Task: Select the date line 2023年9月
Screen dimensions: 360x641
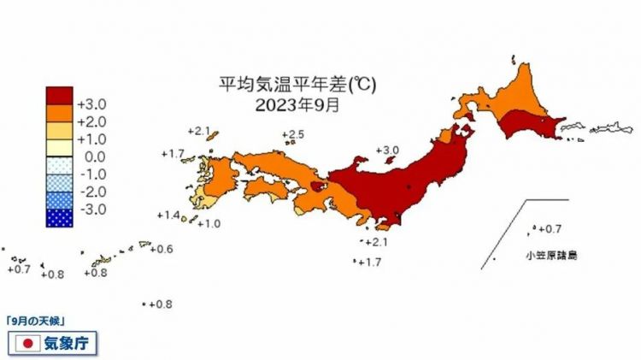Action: click(297, 106)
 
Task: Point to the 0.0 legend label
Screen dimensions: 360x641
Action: click(92, 157)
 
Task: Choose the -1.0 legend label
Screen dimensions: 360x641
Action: click(91, 174)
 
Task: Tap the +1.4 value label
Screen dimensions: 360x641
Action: click(169, 215)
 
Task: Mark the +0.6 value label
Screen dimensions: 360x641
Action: click(162, 249)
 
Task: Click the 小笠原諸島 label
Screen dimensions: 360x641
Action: click(551, 256)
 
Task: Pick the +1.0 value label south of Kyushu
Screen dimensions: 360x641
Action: click(209, 224)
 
